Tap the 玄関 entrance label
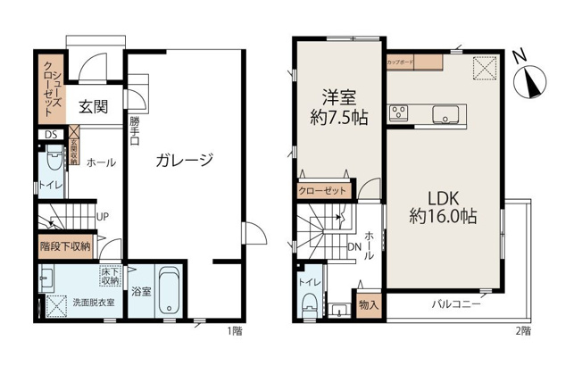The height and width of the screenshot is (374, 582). [93, 106]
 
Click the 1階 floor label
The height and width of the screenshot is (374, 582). [234, 331]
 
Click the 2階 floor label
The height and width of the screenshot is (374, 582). [522, 331]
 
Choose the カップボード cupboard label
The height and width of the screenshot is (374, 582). [400, 63]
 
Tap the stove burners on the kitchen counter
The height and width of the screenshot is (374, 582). [398, 112]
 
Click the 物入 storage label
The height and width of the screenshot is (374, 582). [367, 304]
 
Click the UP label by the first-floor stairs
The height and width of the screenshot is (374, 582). [104, 216]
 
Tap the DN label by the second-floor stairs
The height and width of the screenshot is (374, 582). [353, 247]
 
